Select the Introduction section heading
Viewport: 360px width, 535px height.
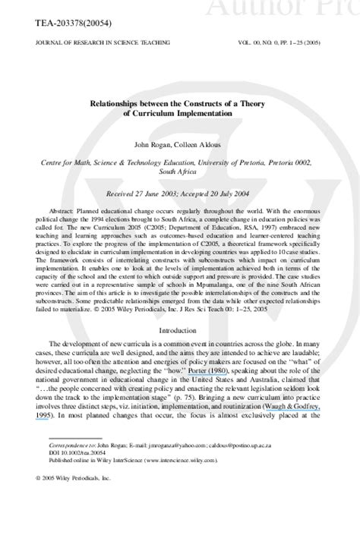click(179, 332)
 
